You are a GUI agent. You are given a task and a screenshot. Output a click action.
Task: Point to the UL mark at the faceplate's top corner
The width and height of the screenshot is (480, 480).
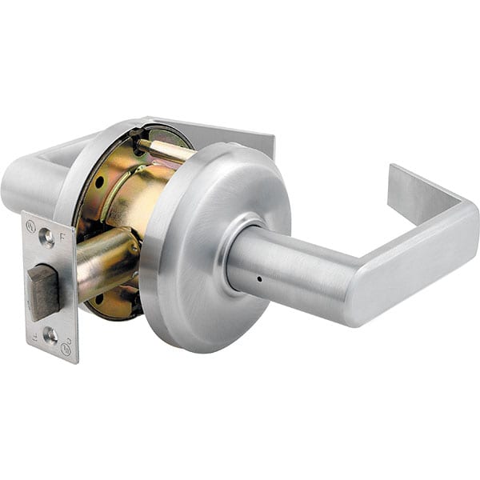pyautogui.click(x=30, y=226)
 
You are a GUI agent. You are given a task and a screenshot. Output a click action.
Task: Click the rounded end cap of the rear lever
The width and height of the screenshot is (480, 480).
pyautogui.click(x=16, y=186)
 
